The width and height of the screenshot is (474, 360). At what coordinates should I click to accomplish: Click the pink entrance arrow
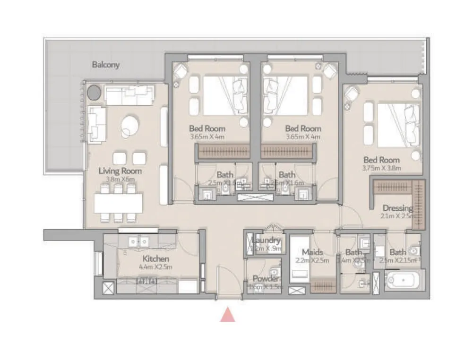tap(228, 315)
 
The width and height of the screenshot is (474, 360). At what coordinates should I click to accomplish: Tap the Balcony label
tap(105, 65)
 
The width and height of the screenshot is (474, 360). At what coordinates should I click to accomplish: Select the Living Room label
tap(120, 171)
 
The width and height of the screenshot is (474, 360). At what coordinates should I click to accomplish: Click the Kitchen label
tap(155, 258)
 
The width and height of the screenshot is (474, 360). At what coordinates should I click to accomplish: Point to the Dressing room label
tap(397, 208)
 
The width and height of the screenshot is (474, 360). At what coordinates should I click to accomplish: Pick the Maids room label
tap(312, 252)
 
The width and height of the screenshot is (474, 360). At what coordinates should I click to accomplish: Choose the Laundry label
tap(267, 240)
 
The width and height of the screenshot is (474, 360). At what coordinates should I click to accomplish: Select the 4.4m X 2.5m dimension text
tap(155, 267)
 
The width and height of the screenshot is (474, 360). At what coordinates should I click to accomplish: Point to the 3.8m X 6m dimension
tap(120, 179)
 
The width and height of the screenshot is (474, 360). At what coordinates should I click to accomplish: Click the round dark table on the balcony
tap(94, 92)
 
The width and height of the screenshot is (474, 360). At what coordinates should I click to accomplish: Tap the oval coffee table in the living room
tap(129, 126)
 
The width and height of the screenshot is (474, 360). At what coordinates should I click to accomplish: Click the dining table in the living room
tap(118, 203)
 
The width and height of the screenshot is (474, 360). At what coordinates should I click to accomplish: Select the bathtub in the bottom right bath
tap(404, 281)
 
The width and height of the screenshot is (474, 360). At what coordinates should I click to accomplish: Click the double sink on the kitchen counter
tap(138, 241)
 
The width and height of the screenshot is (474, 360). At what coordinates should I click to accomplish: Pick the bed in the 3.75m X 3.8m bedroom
tap(397, 125)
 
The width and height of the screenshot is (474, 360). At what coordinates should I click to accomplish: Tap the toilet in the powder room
tap(275, 272)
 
